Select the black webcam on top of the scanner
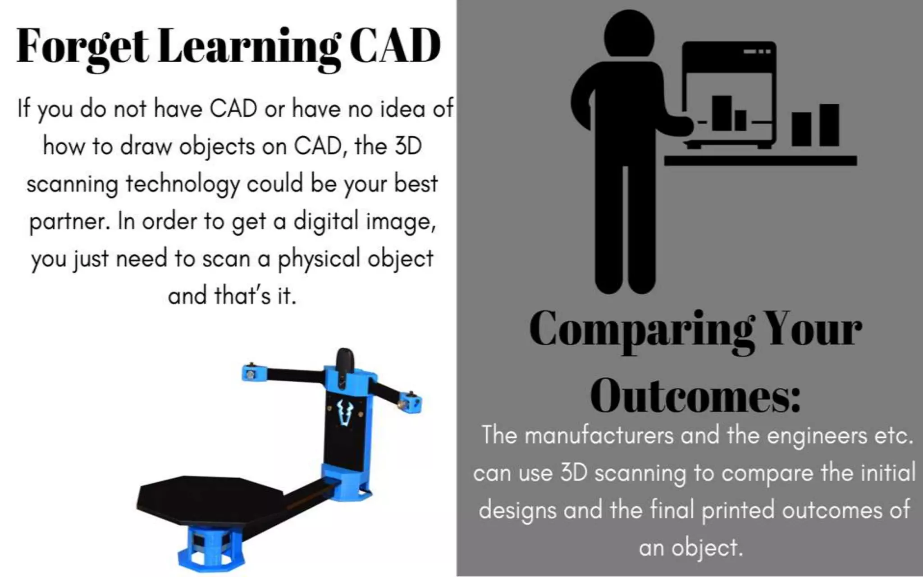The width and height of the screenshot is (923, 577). click(x=345, y=360)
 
